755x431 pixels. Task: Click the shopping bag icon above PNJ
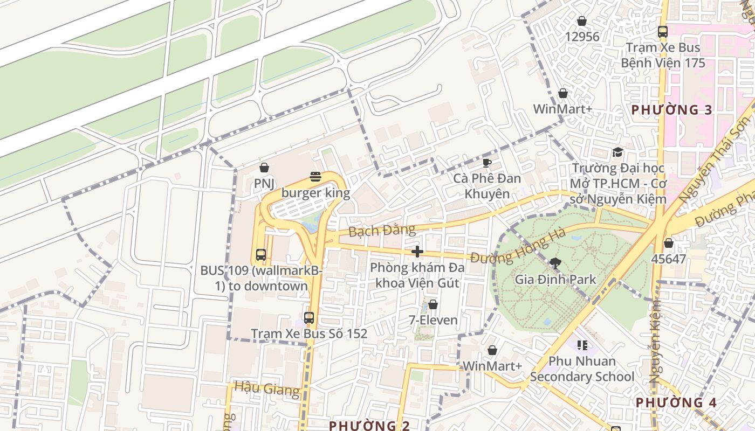[x=264, y=168]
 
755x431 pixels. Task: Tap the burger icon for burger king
[x=315, y=177]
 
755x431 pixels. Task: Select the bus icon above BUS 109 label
[x=260, y=254]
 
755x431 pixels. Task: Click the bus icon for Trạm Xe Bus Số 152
[x=308, y=317]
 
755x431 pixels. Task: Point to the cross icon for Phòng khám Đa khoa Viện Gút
[x=417, y=252]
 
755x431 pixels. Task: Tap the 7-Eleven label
[x=433, y=320]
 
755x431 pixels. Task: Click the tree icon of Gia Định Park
[x=555, y=263]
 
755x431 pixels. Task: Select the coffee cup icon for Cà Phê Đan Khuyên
[x=486, y=163]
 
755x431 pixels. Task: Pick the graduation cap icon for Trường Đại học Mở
[x=617, y=152]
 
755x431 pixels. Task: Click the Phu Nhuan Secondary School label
[x=582, y=369]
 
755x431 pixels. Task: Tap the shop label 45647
[x=668, y=259]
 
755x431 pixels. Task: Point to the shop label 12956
[x=582, y=37]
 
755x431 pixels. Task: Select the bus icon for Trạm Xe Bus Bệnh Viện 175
[x=663, y=32]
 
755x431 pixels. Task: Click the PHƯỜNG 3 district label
[x=671, y=110]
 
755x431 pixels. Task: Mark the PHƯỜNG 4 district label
[x=676, y=402]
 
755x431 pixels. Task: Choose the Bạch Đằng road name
[x=382, y=231]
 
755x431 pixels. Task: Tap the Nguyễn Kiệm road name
[x=656, y=342]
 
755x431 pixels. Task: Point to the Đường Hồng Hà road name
[x=518, y=247]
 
